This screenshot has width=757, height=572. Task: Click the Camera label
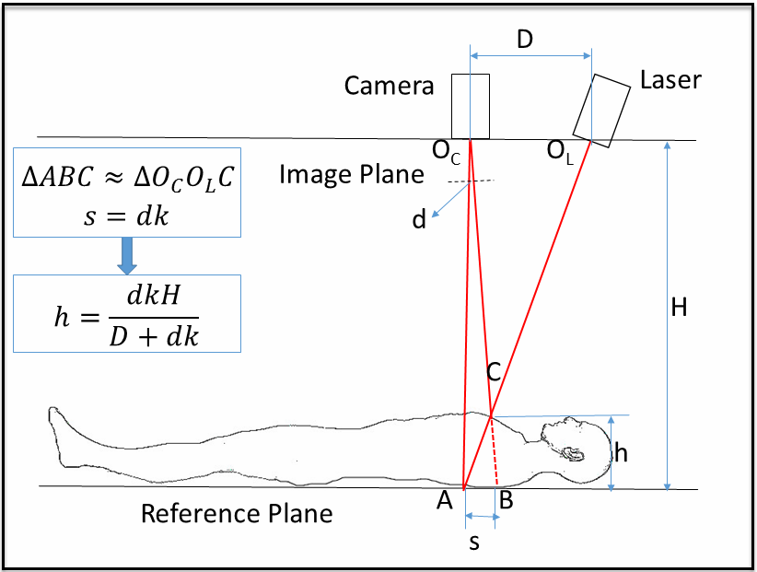389,87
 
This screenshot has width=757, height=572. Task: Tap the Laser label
670,80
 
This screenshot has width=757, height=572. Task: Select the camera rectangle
470,106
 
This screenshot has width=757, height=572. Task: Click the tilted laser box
598,106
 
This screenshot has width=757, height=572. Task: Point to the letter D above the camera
525,40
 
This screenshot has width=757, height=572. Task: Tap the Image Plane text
352,174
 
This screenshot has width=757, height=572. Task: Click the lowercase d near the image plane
419,221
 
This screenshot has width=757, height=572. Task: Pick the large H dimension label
680,308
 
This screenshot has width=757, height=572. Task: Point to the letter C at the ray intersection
494,372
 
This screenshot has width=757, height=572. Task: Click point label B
506,502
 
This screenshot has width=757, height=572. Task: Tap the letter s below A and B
474,543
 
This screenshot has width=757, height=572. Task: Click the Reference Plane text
237,513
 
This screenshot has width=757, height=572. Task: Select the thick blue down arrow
128,252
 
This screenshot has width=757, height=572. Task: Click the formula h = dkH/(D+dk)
128,314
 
